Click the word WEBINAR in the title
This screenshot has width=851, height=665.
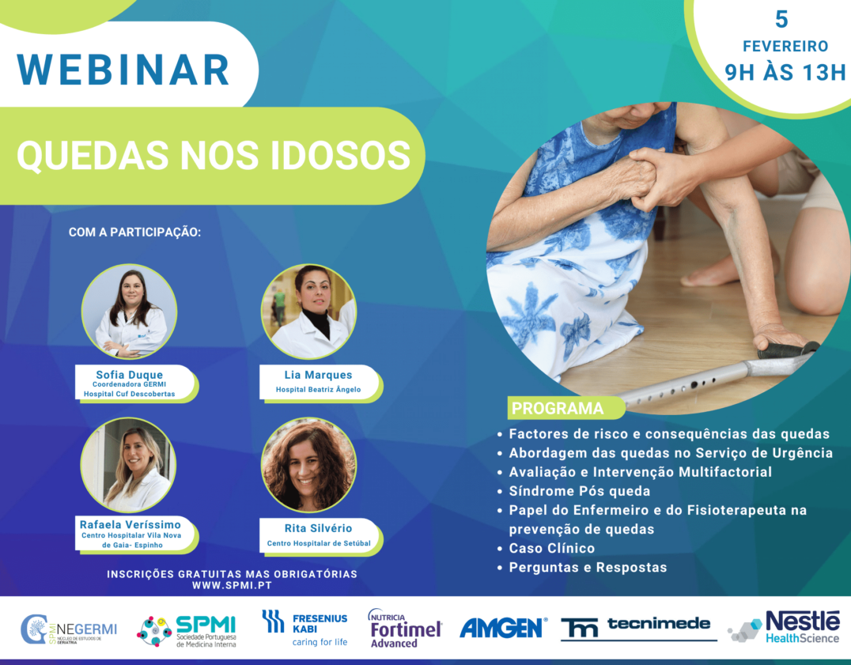123,70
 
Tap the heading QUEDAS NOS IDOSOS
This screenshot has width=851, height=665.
214,155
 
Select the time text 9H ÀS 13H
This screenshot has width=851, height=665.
785,73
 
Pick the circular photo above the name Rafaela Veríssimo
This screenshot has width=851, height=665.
128,465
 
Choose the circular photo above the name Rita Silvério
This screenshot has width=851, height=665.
308,465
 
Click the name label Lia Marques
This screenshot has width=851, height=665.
319,374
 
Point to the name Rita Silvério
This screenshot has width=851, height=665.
319,528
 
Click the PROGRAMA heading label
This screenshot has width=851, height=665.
558,409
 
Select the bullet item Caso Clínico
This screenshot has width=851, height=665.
551,548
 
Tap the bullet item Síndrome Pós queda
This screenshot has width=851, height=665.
579,491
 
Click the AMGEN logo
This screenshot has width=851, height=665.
503,628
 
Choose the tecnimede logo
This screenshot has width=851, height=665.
637,627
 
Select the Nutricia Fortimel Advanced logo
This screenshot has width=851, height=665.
404,629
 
